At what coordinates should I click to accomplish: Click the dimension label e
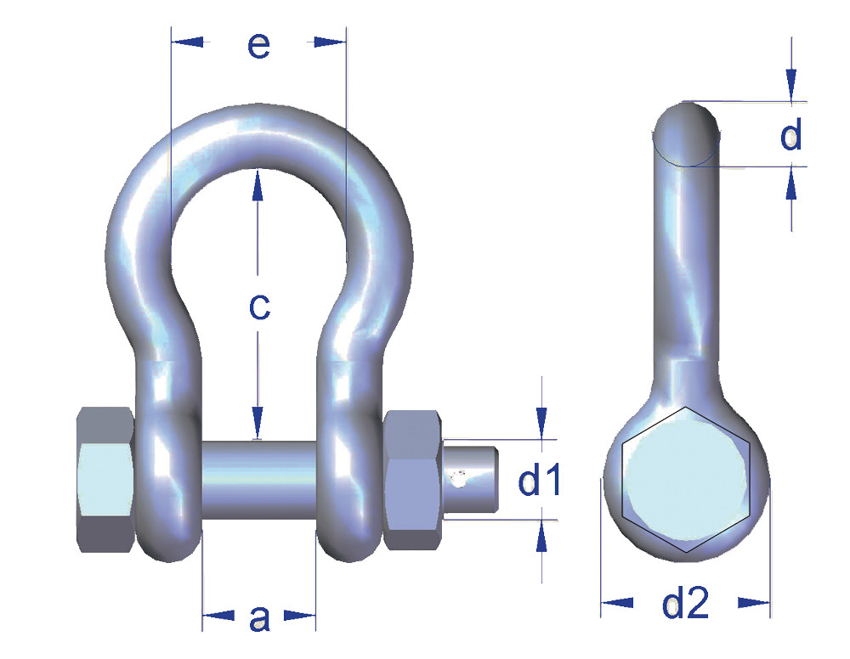point(258,46)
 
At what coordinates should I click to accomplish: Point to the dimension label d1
point(540,482)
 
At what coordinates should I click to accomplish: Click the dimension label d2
point(685,604)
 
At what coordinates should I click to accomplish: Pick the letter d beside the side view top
point(791,135)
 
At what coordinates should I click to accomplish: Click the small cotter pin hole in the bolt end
point(459,480)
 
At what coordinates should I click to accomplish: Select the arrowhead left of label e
point(188,41)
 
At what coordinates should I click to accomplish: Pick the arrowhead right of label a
point(300,615)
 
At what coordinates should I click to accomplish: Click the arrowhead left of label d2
point(618,602)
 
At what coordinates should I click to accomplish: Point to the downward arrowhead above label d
point(791,84)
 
